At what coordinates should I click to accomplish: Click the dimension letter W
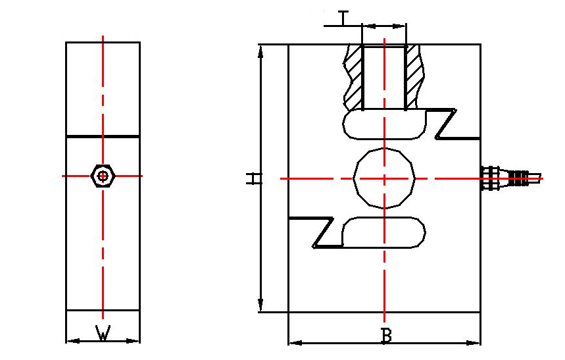click(x=103, y=333)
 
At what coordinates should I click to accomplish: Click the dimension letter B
click(x=387, y=335)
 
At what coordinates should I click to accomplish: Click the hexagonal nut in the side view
click(x=103, y=176)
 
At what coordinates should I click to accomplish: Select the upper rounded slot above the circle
click(x=384, y=124)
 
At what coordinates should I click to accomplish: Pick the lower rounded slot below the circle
click(x=384, y=234)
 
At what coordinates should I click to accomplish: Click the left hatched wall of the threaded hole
click(x=355, y=77)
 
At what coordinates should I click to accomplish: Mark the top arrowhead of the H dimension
click(x=261, y=49)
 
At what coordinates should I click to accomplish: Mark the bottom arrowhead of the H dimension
click(x=261, y=307)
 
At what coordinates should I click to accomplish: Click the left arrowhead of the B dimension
click(x=294, y=343)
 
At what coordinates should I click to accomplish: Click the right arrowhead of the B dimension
click(x=476, y=343)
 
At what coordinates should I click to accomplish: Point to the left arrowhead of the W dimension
click(x=70, y=340)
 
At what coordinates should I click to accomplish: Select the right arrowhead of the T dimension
click(x=402, y=26)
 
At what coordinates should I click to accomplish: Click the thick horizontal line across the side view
click(x=103, y=136)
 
